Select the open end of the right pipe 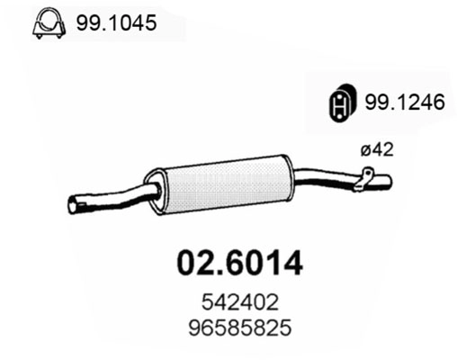point(389,181)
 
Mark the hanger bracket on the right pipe point(363,179)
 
